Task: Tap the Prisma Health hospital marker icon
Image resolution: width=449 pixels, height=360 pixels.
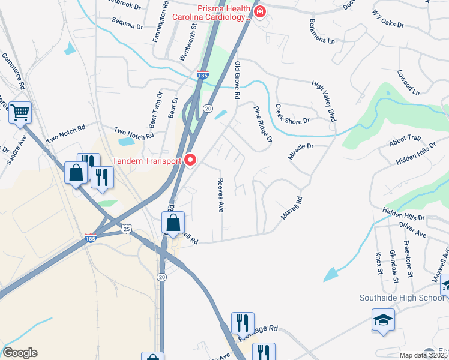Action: [x=259, y=12]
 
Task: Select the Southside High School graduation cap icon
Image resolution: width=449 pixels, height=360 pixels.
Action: [x=383, y=320]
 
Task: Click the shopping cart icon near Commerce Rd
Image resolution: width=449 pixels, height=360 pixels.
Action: [x=20, y=112]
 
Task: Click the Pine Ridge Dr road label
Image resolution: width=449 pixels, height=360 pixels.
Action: [x=263, y=124]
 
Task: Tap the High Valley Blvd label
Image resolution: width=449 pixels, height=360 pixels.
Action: [x=324, y=101]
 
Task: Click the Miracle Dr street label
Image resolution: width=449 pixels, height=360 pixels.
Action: [x=301, y=151]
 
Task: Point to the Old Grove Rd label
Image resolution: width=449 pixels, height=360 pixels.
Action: [x=238, y=80]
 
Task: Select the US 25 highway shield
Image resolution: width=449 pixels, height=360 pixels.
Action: [x=125, y=229]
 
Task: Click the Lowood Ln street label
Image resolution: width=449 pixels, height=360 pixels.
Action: [x=408, y=83]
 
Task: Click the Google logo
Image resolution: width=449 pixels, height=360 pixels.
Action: [x=20, y=353]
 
